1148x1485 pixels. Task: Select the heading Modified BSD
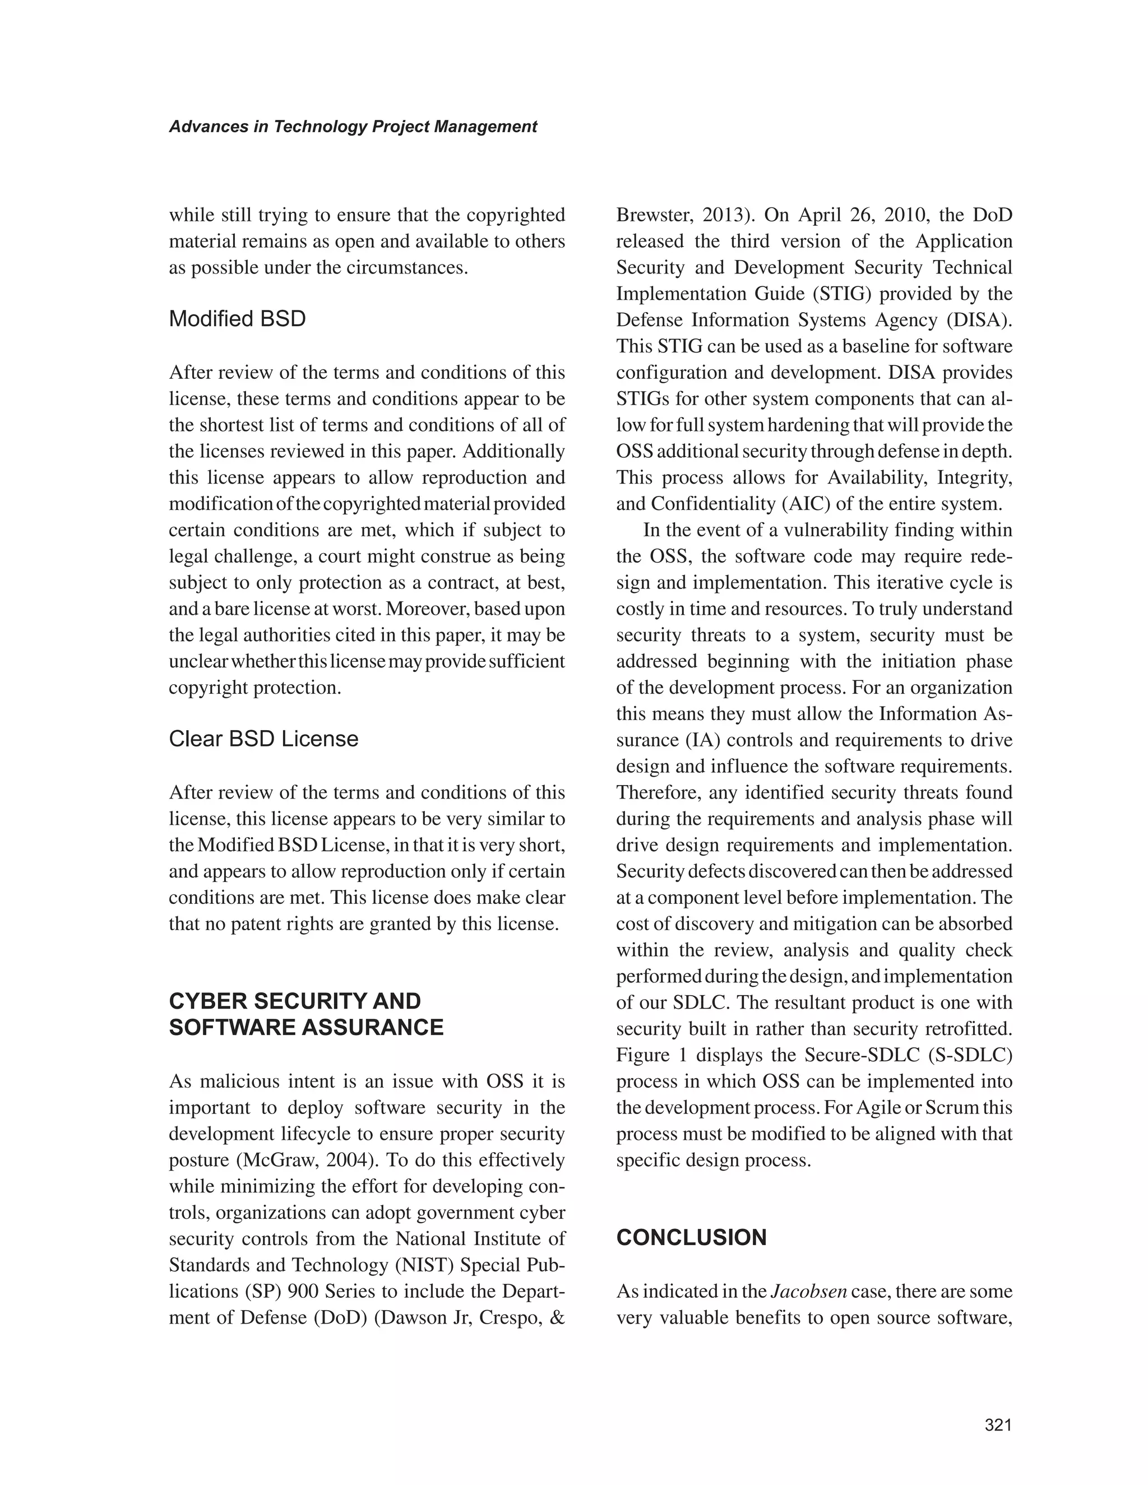[237, 319]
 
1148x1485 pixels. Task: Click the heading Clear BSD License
[263, 739]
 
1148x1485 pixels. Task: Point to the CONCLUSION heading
[691, 1237]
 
